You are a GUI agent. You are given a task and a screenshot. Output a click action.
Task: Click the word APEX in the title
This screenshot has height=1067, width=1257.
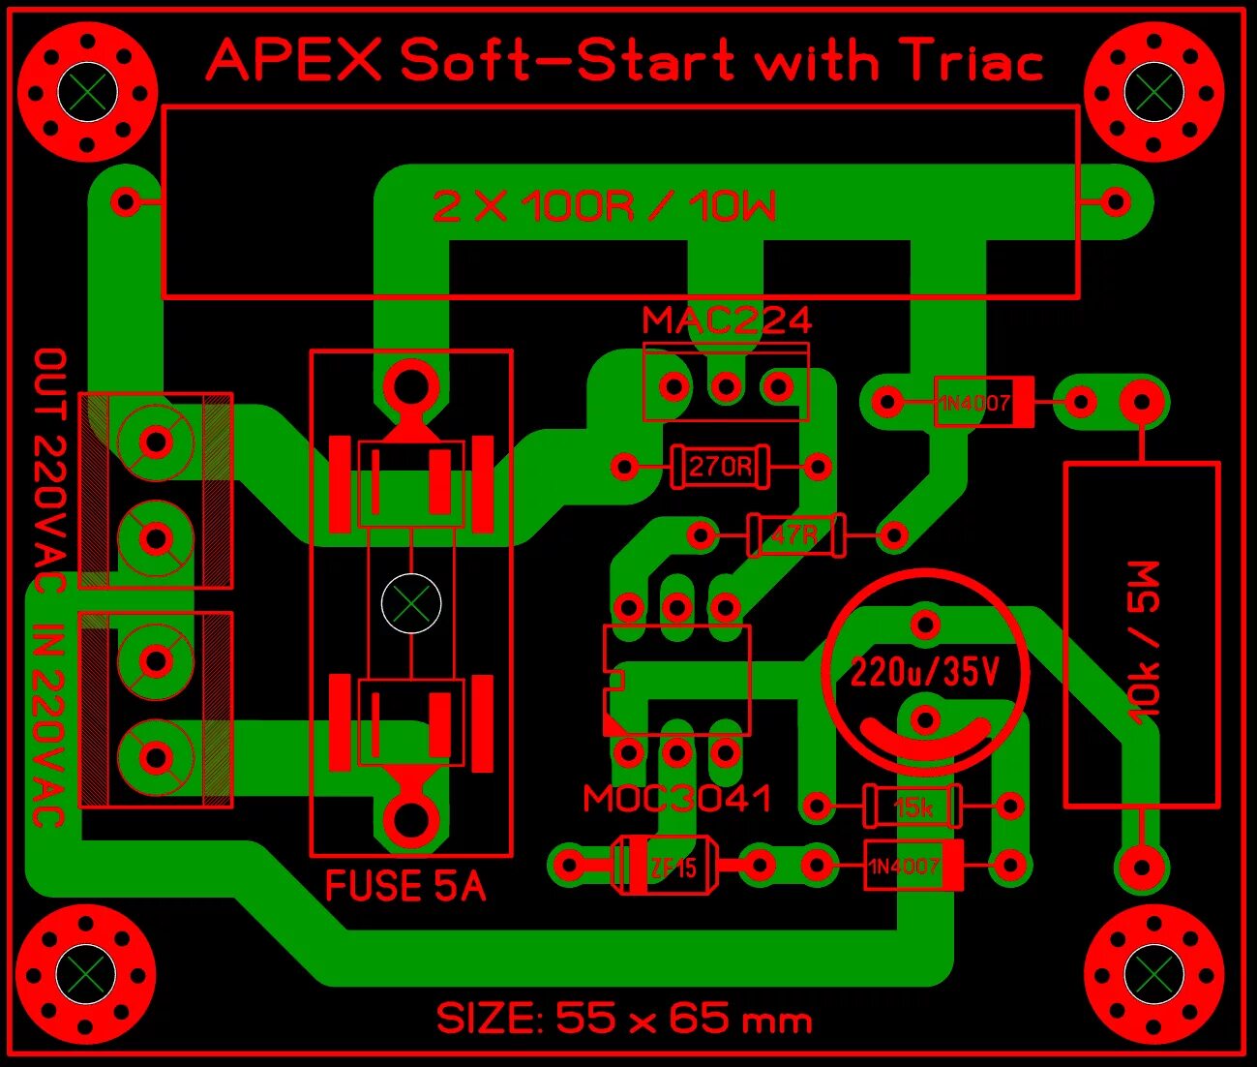tap(295, 61)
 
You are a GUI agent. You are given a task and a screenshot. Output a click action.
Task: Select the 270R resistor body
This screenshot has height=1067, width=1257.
tap(720, 467)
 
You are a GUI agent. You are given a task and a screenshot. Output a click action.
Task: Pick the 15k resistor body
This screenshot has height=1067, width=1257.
tap(913, 806)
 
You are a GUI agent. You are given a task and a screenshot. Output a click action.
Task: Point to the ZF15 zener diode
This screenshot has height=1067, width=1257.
tap(665, 865)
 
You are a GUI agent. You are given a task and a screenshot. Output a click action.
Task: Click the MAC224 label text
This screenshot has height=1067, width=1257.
tap(727, 320)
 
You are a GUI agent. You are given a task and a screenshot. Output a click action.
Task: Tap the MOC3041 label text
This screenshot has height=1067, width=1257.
tap(677, 799)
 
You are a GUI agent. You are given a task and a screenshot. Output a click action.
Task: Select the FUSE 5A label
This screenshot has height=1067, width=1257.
tap(405, 886)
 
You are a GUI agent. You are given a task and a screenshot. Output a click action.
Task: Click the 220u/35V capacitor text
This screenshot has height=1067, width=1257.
tap(924, 671)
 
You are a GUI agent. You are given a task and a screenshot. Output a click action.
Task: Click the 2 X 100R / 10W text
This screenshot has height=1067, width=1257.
tap(605, 206)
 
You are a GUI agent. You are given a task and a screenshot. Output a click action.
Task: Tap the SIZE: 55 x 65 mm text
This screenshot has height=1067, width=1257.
tap(624, 1019)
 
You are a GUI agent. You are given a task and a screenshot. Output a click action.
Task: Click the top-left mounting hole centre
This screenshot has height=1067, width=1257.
tap(87, 92)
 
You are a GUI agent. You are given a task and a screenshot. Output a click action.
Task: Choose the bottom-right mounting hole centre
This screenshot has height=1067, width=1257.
tap(1153, 973)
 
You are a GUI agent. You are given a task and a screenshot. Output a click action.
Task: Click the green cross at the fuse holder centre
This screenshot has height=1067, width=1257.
tap(411, 603)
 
